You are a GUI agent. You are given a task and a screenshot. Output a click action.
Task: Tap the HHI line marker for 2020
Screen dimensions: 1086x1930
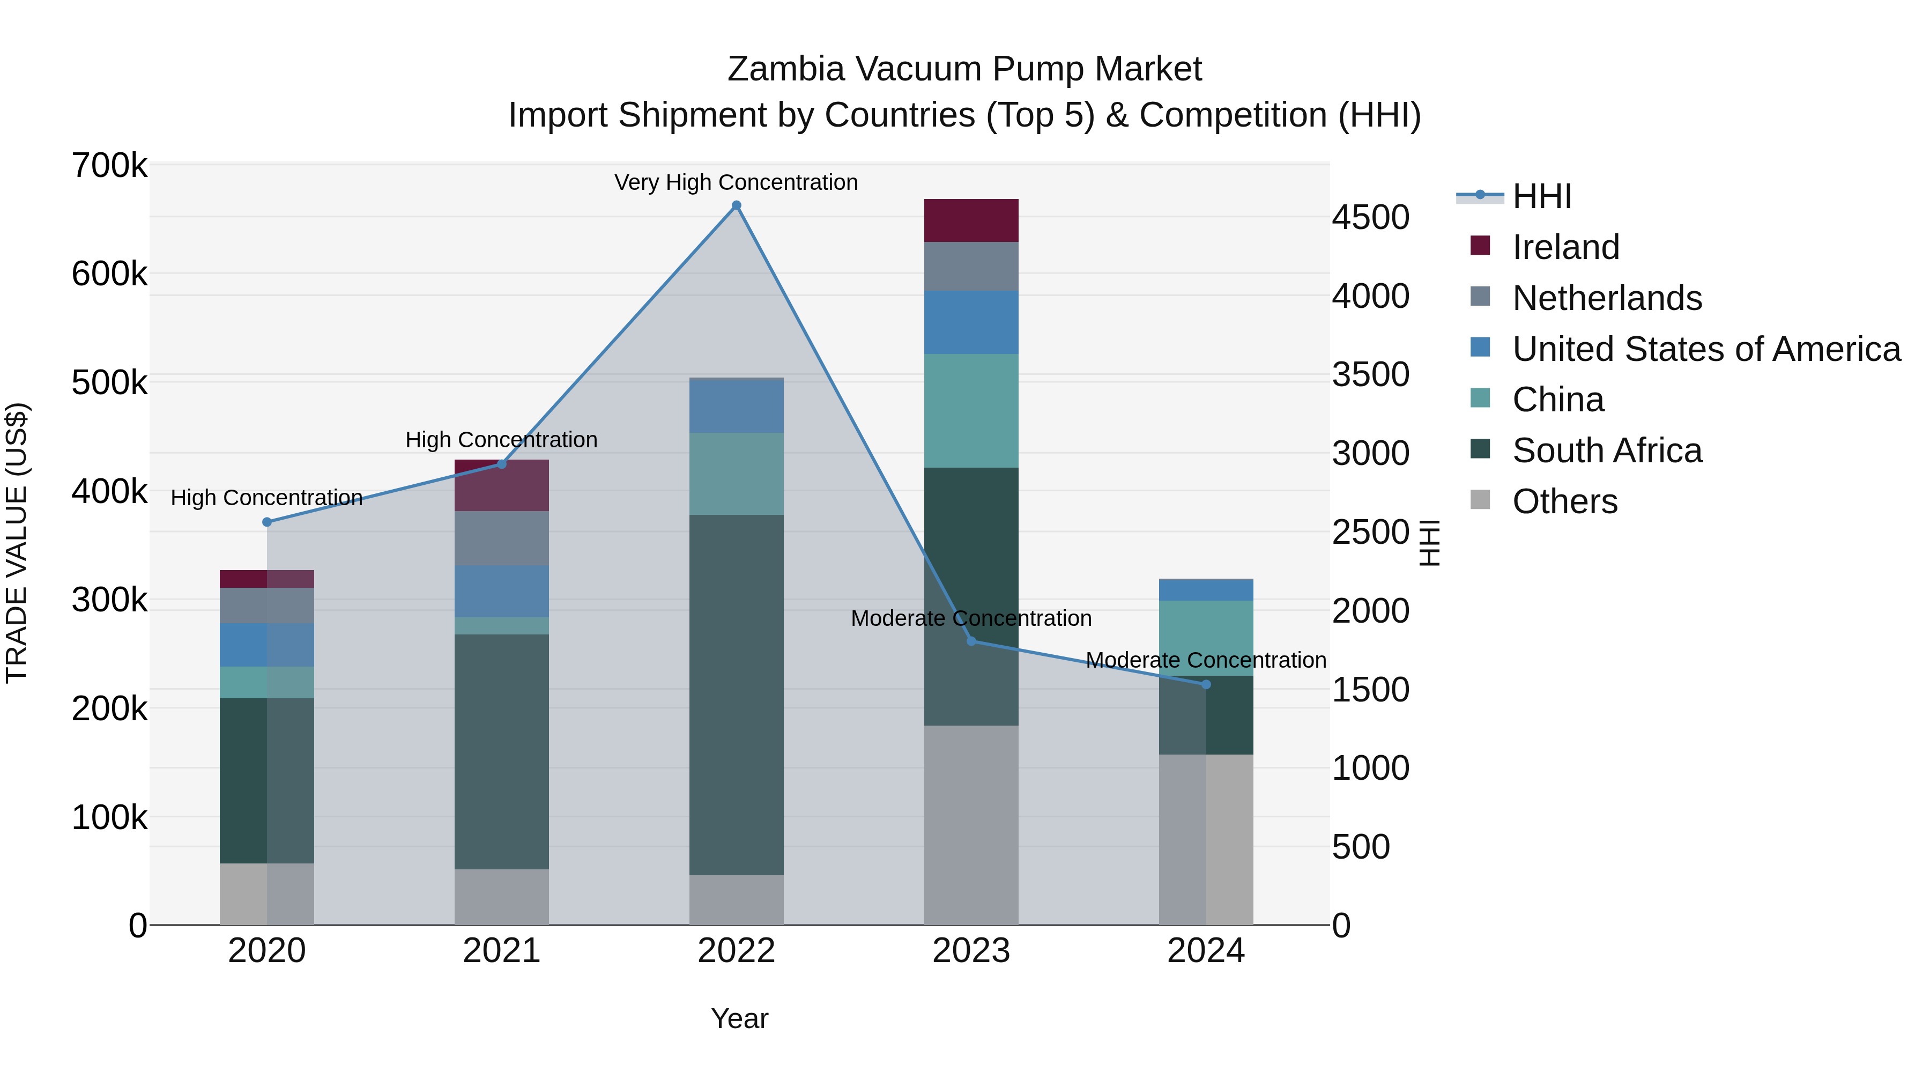click(267, 522)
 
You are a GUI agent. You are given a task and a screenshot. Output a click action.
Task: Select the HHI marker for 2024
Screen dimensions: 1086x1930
click(1206, 684)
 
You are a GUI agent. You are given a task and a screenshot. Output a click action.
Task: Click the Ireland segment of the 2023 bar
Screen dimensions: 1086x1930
click(971, 220)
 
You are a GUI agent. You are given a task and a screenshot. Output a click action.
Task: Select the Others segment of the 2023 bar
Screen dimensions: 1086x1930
click(971, 824)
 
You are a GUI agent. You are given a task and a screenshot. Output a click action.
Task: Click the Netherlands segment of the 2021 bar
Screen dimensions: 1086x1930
click(501, 538)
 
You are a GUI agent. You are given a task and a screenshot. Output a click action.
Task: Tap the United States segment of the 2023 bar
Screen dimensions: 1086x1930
click(971, 322)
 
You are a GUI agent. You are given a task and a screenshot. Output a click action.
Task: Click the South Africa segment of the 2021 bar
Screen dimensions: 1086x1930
click(501, 752)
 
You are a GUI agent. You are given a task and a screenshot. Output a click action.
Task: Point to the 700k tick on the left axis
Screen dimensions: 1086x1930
click(109, 166)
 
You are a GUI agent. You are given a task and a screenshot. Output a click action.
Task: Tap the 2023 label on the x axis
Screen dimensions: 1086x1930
click(971, 951)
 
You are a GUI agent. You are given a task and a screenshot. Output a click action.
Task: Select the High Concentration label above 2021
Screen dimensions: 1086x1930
click(501, 439)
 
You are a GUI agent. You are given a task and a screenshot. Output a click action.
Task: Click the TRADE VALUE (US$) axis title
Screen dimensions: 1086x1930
click(17, 543)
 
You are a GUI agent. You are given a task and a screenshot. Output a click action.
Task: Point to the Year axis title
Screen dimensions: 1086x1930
click(739, 1018)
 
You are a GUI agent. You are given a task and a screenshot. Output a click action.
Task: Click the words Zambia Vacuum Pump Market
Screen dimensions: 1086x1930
click(964, 69)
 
